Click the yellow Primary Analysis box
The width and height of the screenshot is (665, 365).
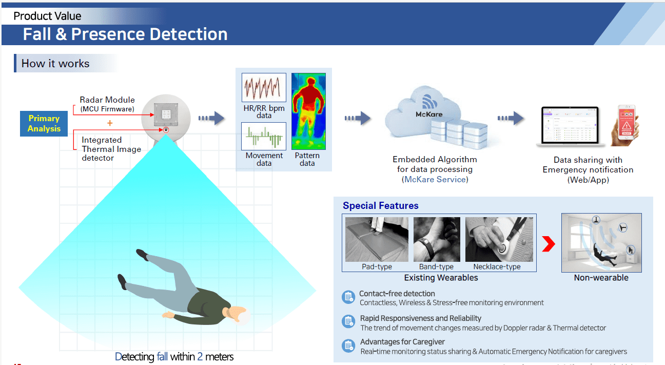pos(44,124)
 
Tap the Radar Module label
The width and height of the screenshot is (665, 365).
pos(107,100)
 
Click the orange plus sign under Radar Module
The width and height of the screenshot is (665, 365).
pos(109,123)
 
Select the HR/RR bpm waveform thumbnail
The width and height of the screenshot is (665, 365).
pos(264,87)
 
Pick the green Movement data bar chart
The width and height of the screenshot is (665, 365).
pos(264,136)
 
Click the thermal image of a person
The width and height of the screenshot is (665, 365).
pos(308,111)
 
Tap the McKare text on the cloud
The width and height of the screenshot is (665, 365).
pos(428,114)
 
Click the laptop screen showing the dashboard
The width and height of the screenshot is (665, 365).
pos(570,125)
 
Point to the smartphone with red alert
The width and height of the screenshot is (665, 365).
pos(625,123)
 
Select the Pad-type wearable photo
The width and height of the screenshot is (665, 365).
pos(377,239)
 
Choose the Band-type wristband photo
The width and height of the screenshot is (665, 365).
pos(437,239)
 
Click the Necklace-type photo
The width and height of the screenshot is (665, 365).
pos(499,239)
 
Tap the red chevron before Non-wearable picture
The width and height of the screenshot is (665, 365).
pos(549,244)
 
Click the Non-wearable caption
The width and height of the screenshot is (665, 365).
pos(601,278)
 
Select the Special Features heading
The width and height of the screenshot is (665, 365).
pos(380,206)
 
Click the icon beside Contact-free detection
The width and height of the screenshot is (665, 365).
pos(348,297)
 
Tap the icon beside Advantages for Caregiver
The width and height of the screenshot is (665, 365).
pos(348,345)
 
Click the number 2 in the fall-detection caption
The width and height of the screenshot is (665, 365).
pos(200,356)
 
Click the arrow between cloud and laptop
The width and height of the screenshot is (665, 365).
pos(511,119)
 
